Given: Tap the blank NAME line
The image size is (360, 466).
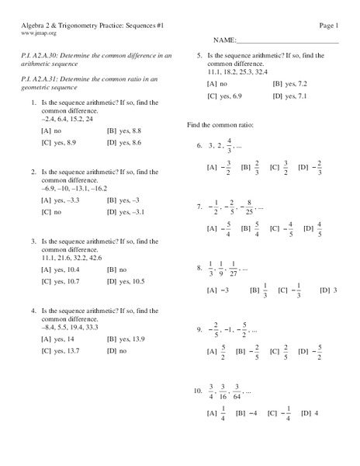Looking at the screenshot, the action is (x=286, y=40).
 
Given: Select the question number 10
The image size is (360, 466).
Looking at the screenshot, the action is (x=198, y=390).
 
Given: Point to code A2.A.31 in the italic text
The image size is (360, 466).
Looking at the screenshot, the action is (x=42, y=80).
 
